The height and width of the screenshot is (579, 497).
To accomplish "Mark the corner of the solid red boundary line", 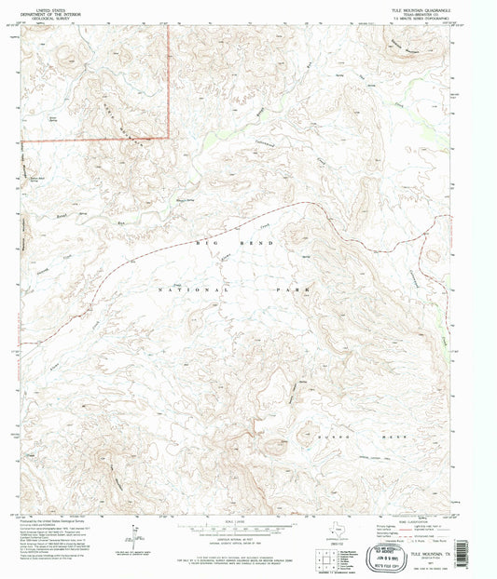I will coord(168,138).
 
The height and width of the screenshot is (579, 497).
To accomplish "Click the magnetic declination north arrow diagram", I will coord(137,537).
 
